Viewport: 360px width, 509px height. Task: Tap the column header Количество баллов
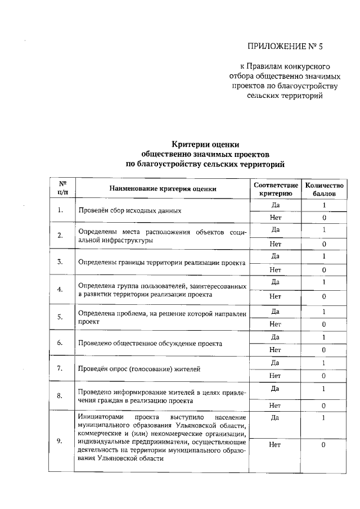(x=324, y=188)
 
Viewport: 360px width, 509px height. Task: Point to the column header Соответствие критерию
(x=276, y=188)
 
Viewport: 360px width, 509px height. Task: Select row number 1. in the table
(x=60, y=211)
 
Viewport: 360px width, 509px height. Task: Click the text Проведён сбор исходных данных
(x=130, y=211)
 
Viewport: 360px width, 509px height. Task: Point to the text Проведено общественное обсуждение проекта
(x=150, y=343)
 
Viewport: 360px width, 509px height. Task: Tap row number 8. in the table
(x=60, y=396)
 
